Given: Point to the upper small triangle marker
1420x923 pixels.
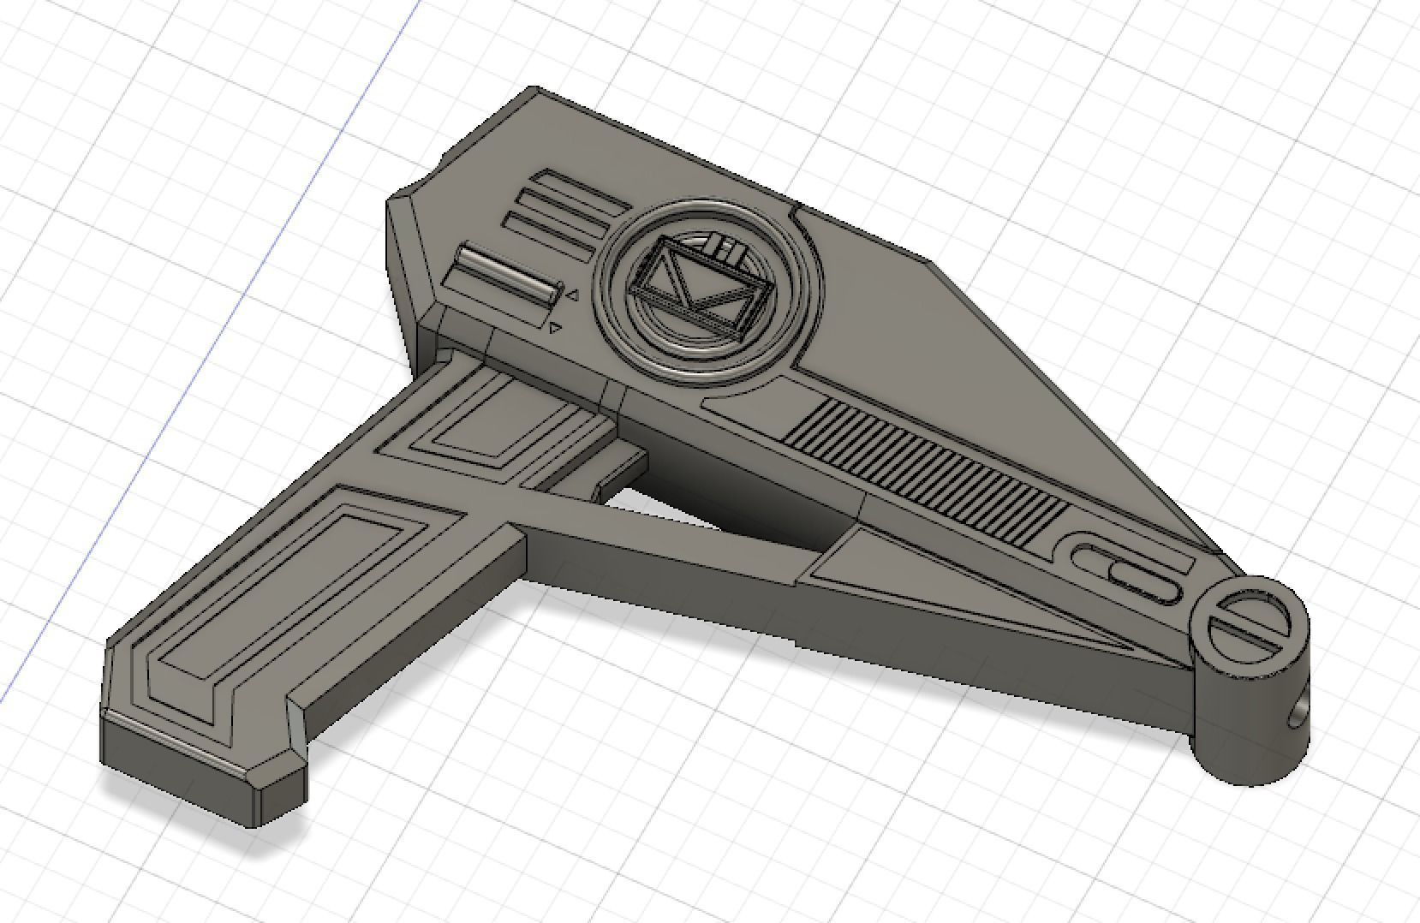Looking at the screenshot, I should [x=571, y=296].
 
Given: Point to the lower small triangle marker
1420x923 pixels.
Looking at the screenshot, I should [x=555, y=327].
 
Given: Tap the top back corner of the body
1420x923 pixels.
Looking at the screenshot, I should [x=535, y=89].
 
